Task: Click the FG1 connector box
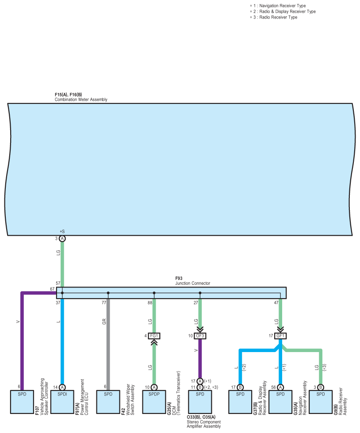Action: tap(154, 336)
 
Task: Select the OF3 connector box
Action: tap(200, 336)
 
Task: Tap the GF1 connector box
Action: tap(280, 336)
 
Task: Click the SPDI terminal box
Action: tap(62, 402)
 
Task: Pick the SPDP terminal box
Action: tap(154, 402)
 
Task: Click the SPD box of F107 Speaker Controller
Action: tap(22, 402)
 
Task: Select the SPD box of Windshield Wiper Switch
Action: tap(108, 402)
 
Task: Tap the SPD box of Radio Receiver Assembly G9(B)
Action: tap(321, 402)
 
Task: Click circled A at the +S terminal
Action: tap(62, 238)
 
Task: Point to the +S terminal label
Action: tap(62, 231)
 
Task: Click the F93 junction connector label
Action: tap(179, 278)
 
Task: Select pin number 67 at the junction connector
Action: tap(52, 289)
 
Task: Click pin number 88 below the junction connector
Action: tap(150, 303)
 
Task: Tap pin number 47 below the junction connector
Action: tap(276, 303)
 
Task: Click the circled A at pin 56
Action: tap(280, 387)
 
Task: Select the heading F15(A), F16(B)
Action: tap(69, 95)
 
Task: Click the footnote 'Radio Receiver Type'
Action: tap(278, 17)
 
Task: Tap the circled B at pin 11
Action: tap(200, 387)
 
